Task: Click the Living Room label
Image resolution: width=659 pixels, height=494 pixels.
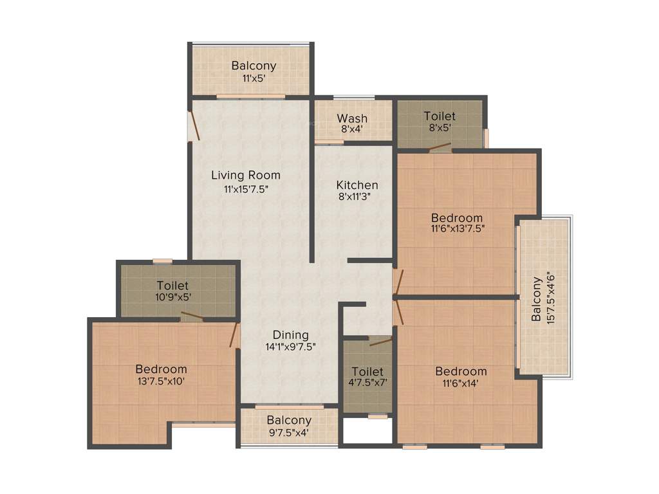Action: click(x=246, y=175)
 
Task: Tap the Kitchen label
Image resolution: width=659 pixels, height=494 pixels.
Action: click(x=357, y=185)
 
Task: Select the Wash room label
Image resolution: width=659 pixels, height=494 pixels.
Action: click(x=352, y=118)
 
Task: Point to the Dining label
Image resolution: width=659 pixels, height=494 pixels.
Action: click(x=290, y=335)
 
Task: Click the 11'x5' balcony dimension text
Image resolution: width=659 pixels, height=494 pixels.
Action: click(x=254, y=78)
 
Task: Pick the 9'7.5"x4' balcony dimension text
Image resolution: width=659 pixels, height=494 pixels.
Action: click(x=289, y=432)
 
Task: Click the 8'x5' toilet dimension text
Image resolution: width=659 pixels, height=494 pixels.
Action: click(x=440, y=128)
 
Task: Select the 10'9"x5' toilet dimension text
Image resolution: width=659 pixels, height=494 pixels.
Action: click(x=172, y=297)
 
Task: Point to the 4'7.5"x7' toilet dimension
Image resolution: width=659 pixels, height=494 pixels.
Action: click(x=368, y=383)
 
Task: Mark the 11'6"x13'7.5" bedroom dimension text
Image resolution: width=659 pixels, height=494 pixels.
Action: click(x=457, y=228)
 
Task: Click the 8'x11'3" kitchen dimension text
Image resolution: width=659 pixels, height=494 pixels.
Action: click(x=357, y=197)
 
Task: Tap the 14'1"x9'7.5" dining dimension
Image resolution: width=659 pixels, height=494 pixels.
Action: click(x=290, y=346)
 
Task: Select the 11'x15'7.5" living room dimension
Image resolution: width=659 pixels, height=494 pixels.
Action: click(x=246, y=188)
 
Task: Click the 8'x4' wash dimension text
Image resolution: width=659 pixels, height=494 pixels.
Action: click(x=352, y=129)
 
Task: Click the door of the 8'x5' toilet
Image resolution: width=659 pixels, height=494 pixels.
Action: click(x=440, y=147)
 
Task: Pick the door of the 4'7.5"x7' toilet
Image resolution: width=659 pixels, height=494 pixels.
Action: click(x=380, y=342)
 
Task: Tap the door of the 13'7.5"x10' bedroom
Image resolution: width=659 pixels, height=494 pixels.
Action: click(x=234, y=335)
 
